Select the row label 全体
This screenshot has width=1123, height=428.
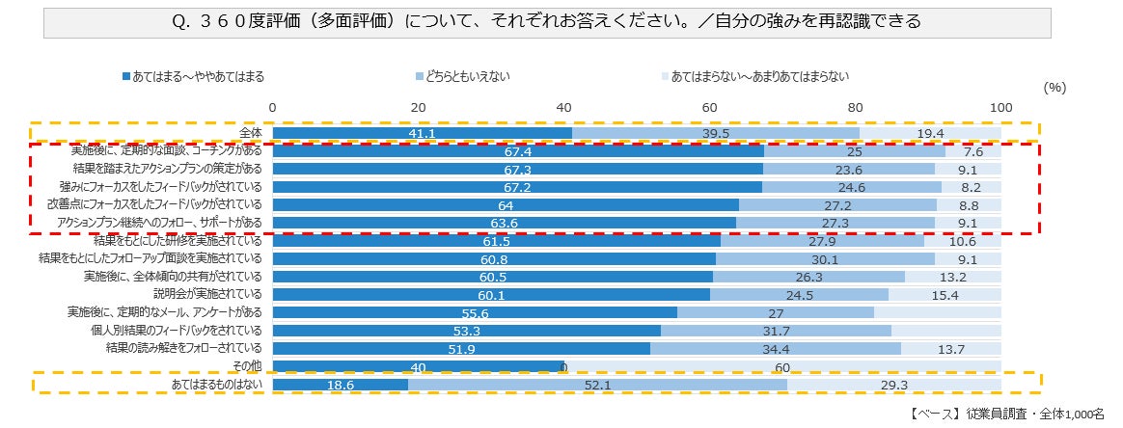251,132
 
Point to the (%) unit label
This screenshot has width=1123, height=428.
1055,87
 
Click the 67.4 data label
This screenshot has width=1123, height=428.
518,151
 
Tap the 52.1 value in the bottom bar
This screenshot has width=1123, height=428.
597,386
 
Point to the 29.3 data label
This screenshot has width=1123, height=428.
893,386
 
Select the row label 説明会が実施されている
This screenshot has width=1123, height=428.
208,294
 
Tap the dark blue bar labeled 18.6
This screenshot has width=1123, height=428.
340,386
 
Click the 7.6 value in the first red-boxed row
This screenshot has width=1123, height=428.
972,151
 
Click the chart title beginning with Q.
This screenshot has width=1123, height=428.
547,21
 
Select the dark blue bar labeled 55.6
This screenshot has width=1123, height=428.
475,312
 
